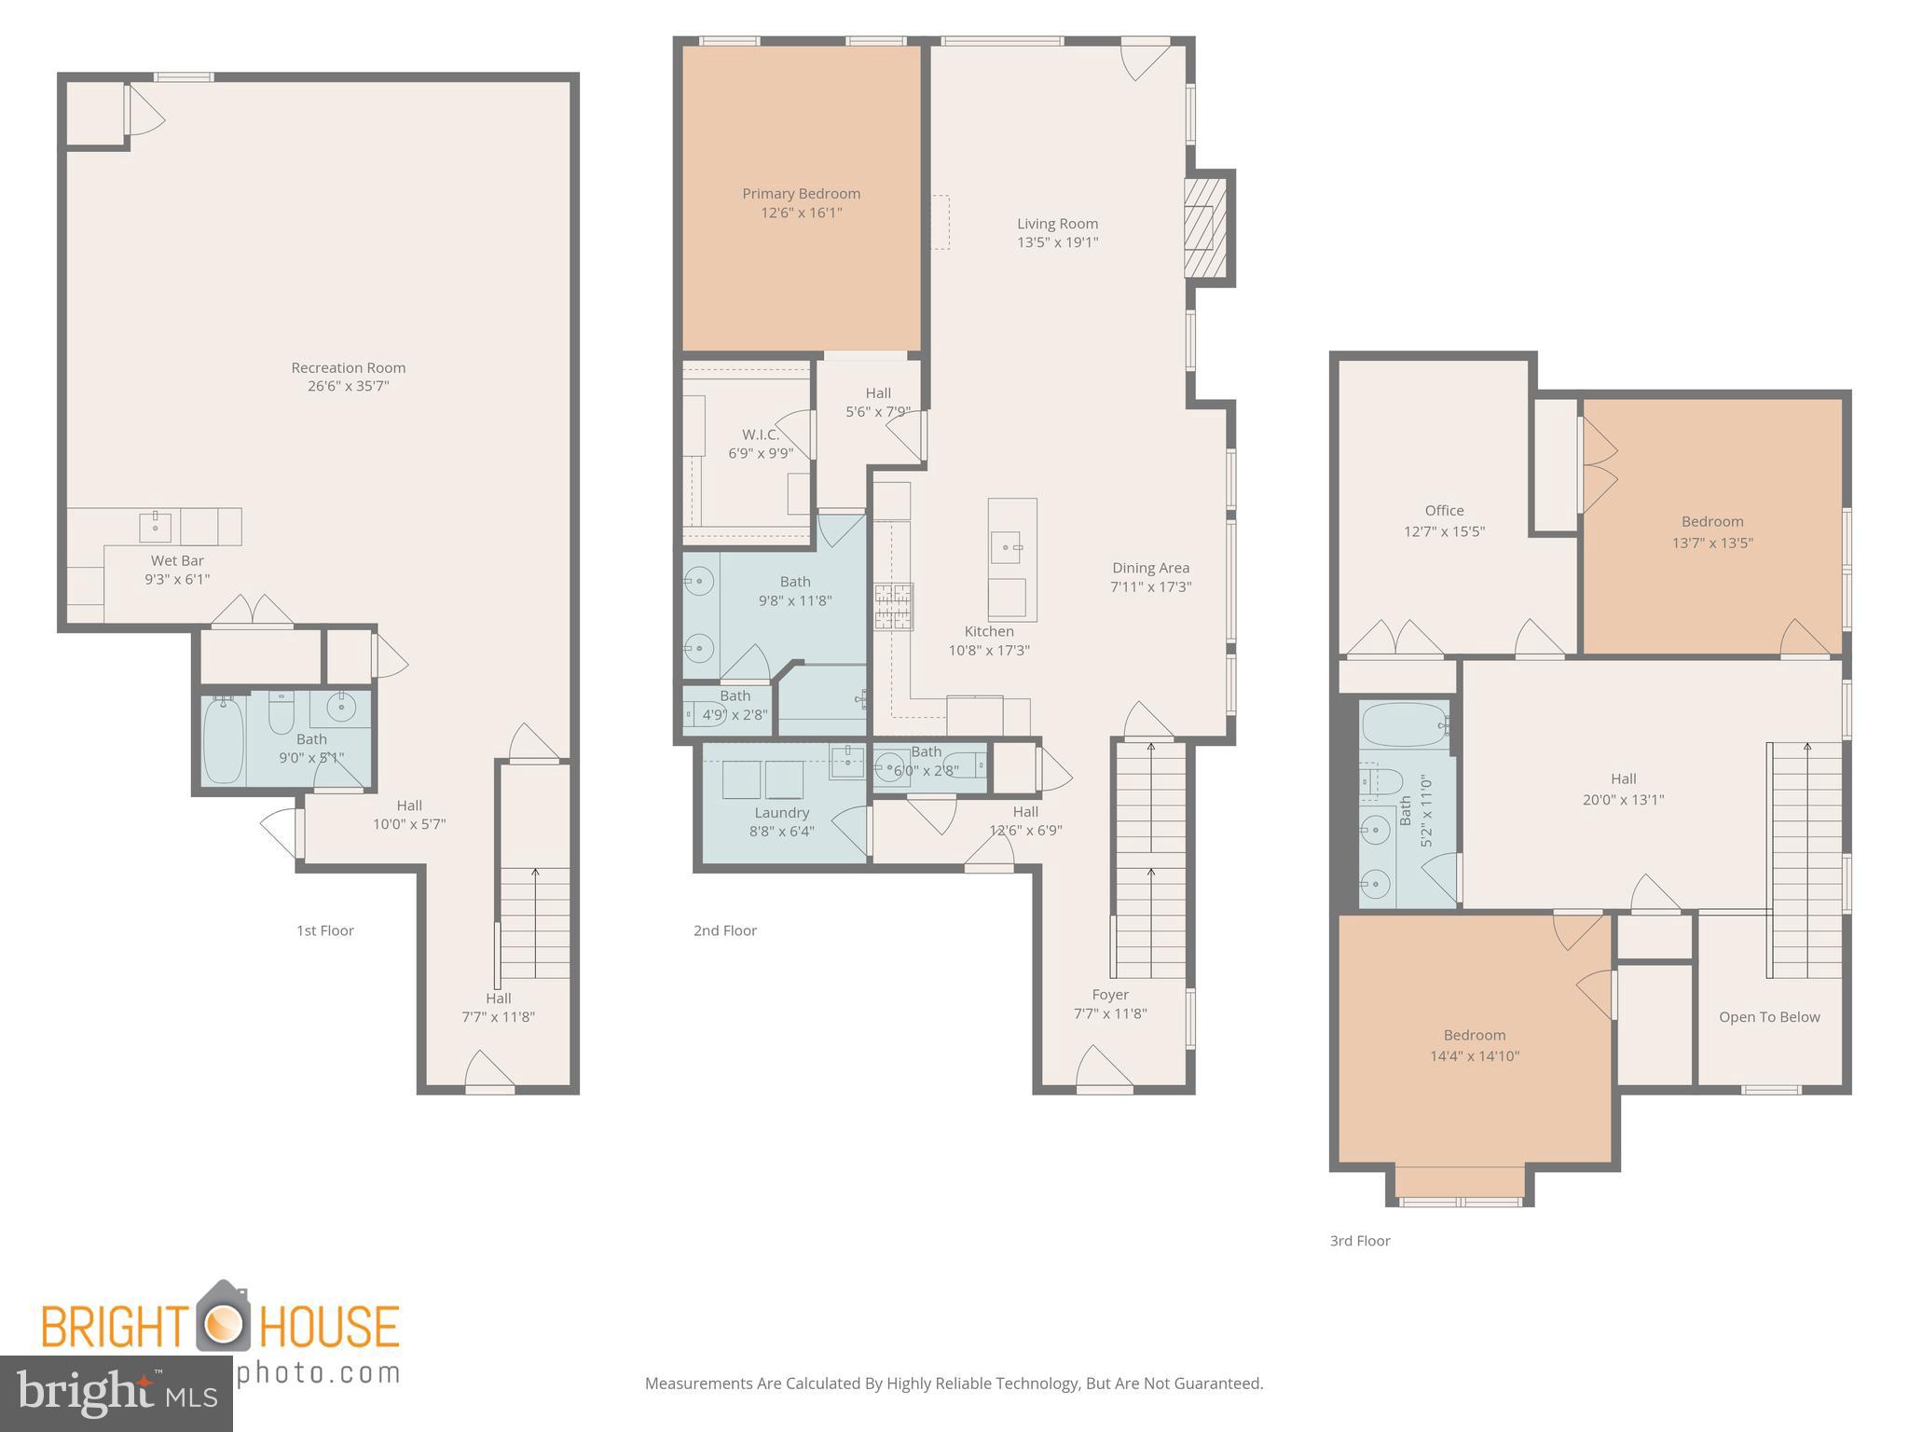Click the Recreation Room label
tap(348, 368)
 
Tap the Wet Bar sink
tap(155, 527)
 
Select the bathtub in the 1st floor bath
tap(224, 740)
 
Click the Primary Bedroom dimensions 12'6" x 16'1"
tap(801, 213)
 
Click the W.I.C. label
tap(761, 434)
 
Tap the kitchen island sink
tap(1005, 546)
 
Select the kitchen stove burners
tap(893, 607)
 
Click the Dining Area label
tap(1150, 568)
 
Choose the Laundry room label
tap(781, 813)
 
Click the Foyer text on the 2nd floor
tap(1110, 995)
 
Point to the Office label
tap(1444, 511)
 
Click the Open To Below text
tap(1768, 1017)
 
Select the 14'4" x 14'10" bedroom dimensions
tap(1474, 1056)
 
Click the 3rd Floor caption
tap(1359, 1241)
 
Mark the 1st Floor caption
tap(324, 930)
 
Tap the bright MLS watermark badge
tap(116, 1394)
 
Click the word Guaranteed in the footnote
tap(1215, 1384)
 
